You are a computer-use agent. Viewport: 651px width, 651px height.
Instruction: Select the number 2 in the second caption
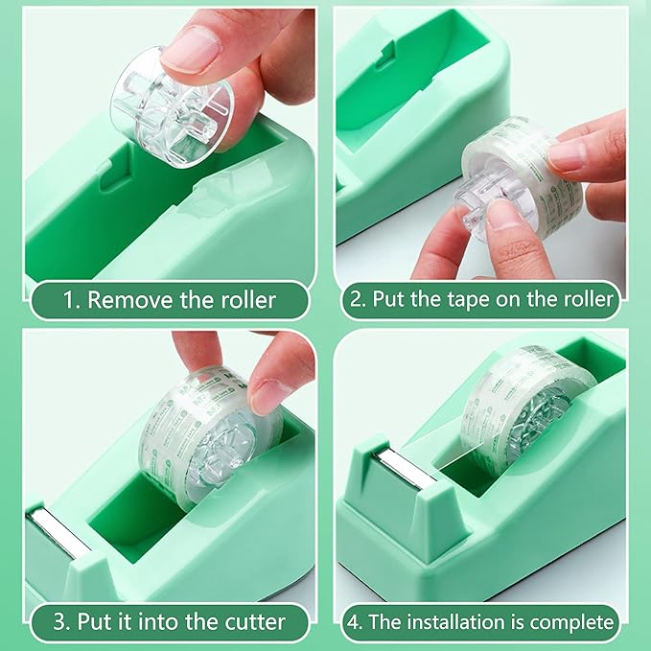pos(357,300)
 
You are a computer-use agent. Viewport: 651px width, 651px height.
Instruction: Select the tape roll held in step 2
pos(523,182)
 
